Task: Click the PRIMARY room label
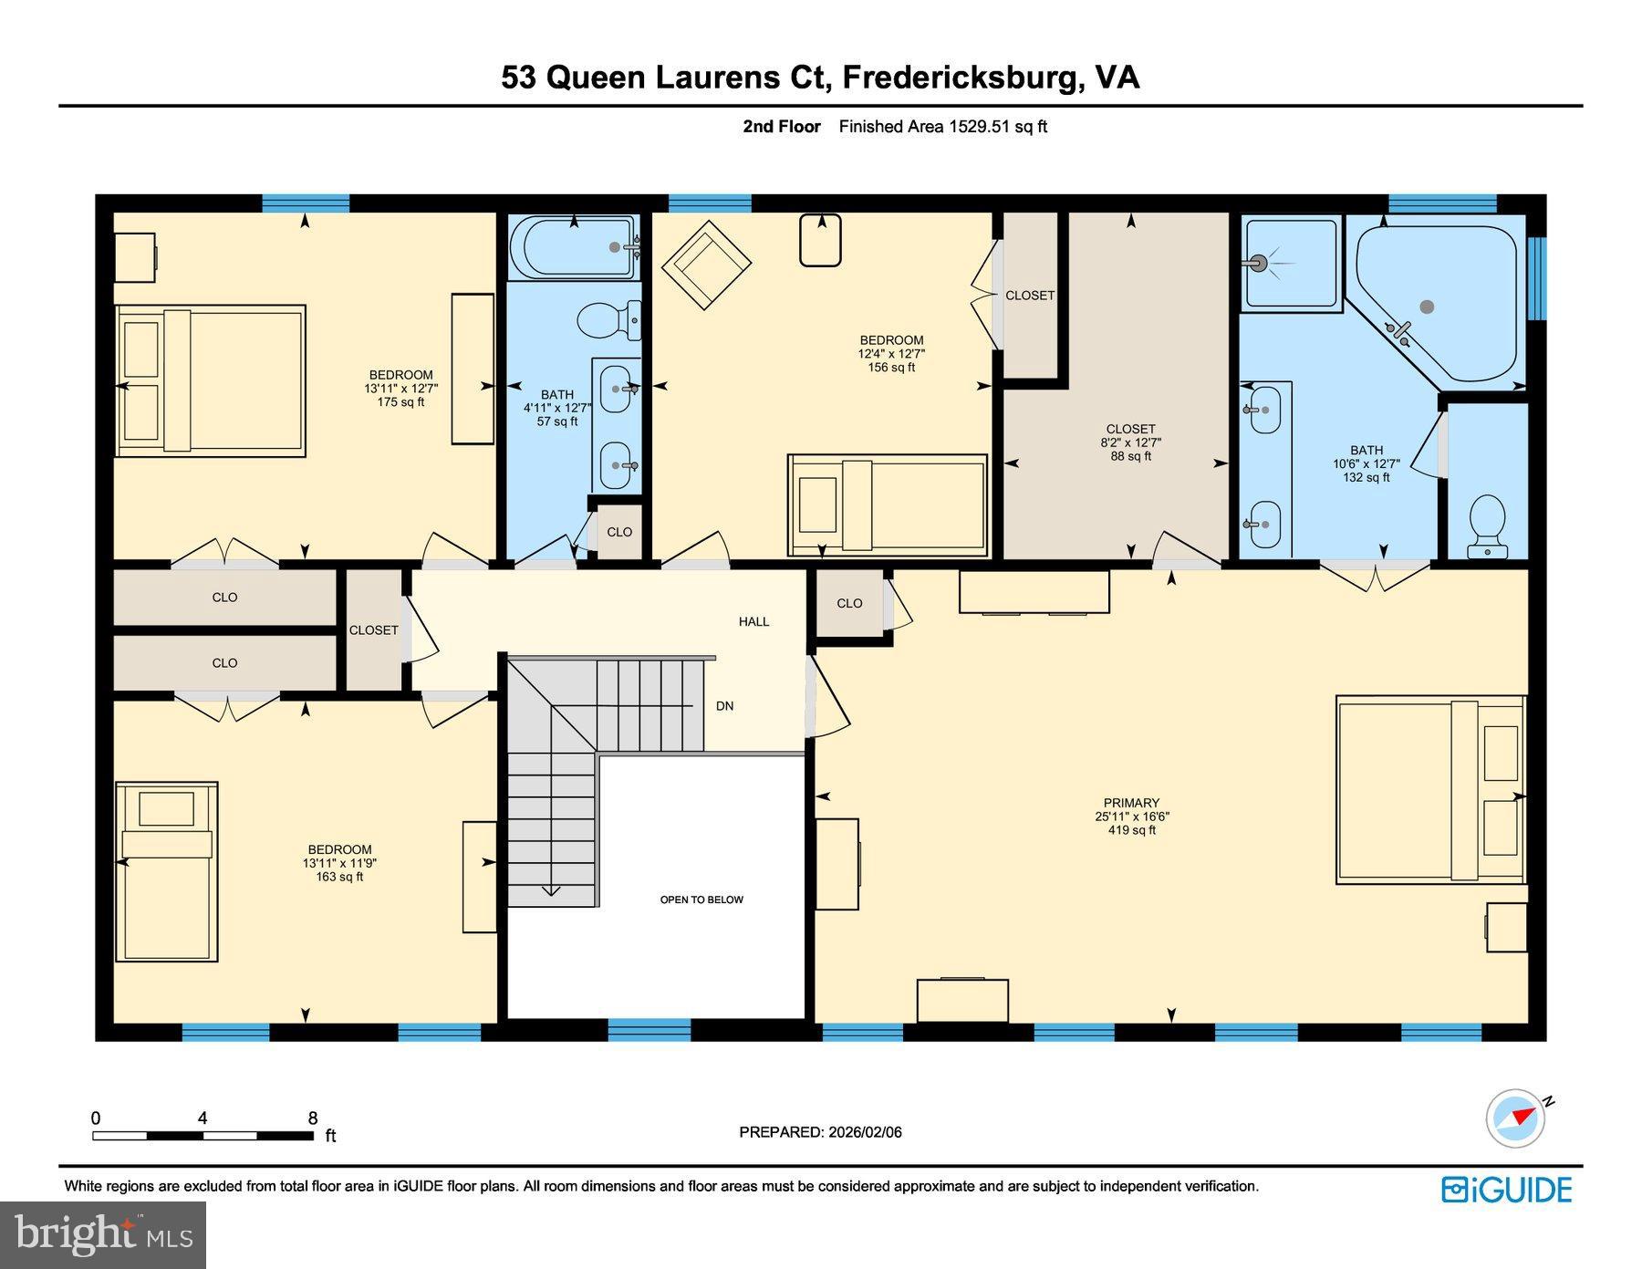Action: pyautogui.click(x=1130, y=804)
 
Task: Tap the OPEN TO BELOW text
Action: pyautogui.click(x=701, y=900)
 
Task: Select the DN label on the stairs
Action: pyautogui.click(x=724, y=706)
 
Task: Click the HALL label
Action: pyautogui.click(x=753, y=621)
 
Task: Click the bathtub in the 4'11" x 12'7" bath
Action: pyautogui.click(x=572, y=246)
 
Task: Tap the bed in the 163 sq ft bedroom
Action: pyautogui.click(x=167, y=871)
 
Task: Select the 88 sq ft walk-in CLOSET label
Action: pyautogui.click(x=1130, y=430)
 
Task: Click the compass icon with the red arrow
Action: pyautogui.click(x=1516, y=1118)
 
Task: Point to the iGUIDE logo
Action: pyautogui.click(x=1506, y=1190)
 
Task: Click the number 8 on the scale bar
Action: pyautogui.click(x=313, y=1118)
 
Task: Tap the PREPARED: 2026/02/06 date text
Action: pyautogui.click(x=820, y=1132)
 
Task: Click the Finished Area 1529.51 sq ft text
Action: pyautogui.click(x=942, y=127)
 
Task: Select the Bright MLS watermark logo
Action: pyautogui.click(x=103, y=1234)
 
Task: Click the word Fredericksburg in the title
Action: pyautogui.click(x=960, y=78)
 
